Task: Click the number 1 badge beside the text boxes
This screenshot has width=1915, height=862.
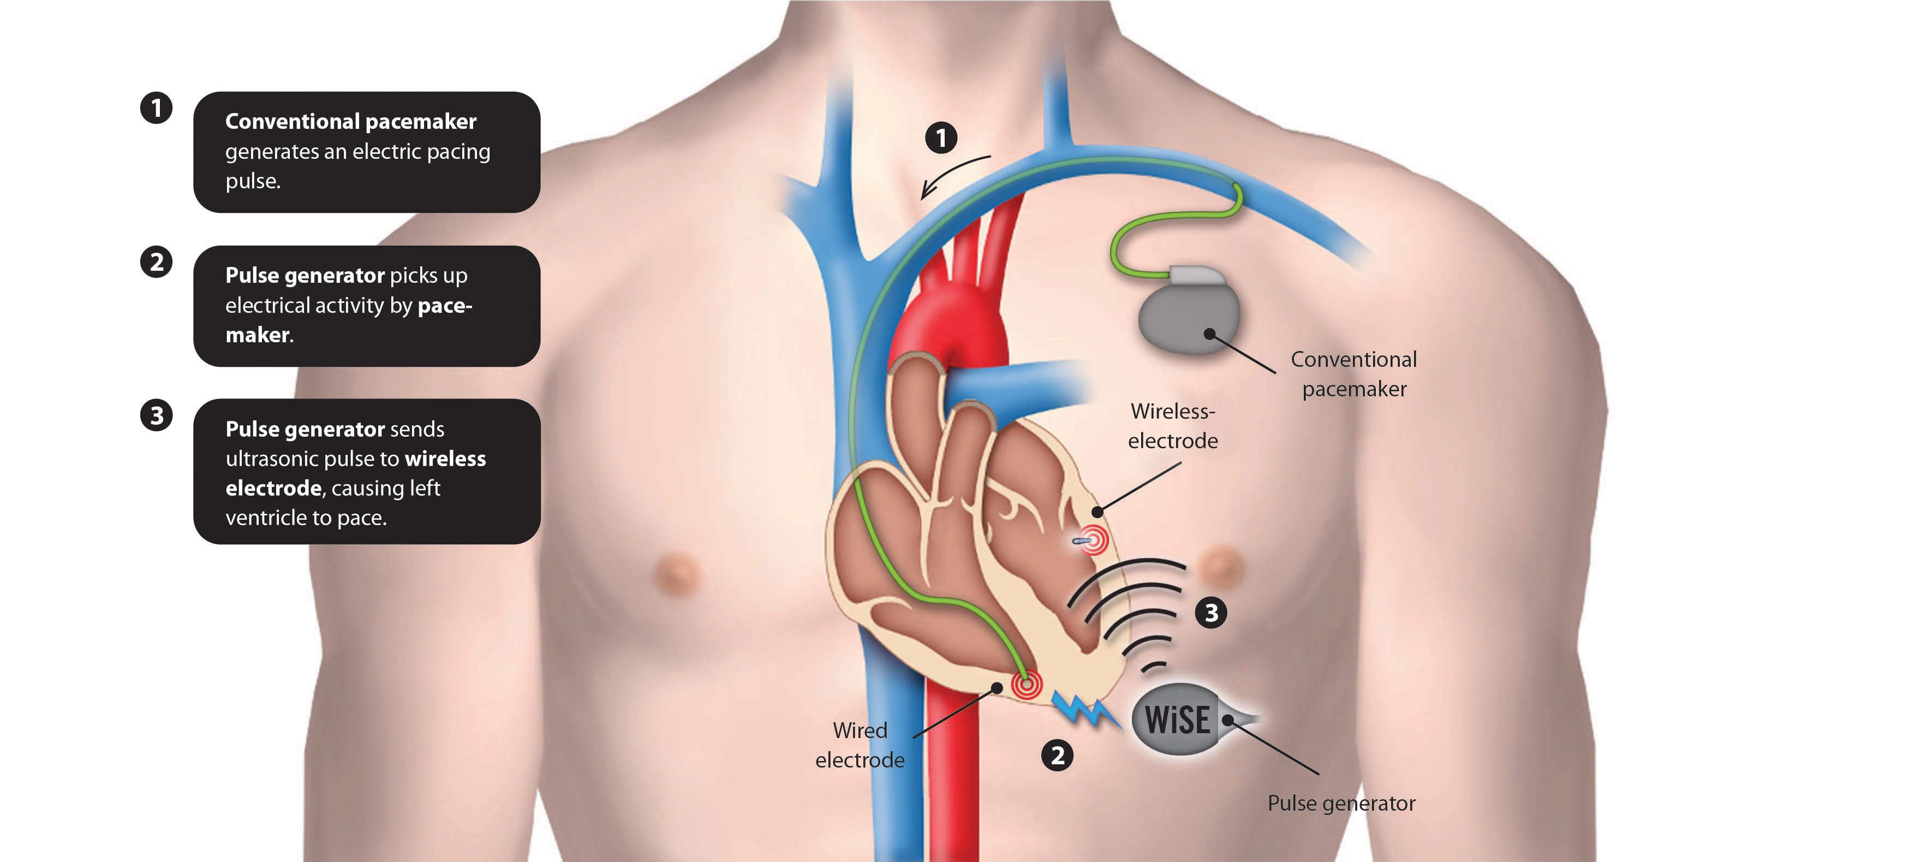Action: (x=156, y=108)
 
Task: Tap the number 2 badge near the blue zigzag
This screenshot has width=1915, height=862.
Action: (x=1057, y=756)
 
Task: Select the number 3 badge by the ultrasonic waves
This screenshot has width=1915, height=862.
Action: (x=1211, y=613)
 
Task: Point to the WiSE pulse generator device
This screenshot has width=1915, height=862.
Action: (x=1178, y=719)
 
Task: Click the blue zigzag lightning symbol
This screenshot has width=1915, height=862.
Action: (x=1085, y=710)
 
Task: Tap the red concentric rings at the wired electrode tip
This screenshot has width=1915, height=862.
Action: (x=1027, y=683)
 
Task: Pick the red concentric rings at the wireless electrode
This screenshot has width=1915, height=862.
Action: (x=1094, y=540)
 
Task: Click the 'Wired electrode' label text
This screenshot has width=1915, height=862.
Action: (x=860, y=745)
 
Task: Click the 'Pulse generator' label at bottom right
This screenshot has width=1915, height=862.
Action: (x=1341, y=803)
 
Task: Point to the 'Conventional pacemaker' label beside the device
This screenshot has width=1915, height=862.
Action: (x=1354, y=374)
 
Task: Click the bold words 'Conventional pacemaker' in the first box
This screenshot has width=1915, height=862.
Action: (x=350, y=121)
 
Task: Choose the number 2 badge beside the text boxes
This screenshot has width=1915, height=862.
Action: (x=156, y=262)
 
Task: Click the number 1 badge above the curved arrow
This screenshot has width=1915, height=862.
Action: (x=941, y=138)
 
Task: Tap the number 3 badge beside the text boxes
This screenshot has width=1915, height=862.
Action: (x=156, y=415)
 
